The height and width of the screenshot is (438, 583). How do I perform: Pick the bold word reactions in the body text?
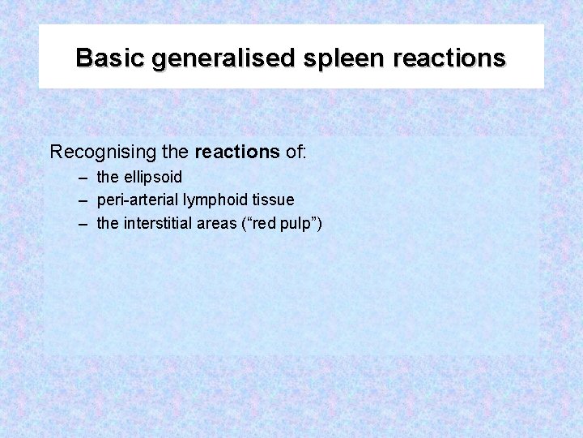(238, 152)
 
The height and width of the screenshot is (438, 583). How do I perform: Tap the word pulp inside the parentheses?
(297, 224)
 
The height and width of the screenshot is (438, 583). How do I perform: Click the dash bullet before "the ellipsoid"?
(83, 177)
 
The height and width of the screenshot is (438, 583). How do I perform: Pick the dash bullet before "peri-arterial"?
(83, 200)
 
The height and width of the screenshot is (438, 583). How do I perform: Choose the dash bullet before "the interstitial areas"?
(83, 223)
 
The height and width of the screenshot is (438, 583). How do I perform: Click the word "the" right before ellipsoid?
(107, 177)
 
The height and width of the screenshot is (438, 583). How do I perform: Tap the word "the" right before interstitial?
(107, 223)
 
